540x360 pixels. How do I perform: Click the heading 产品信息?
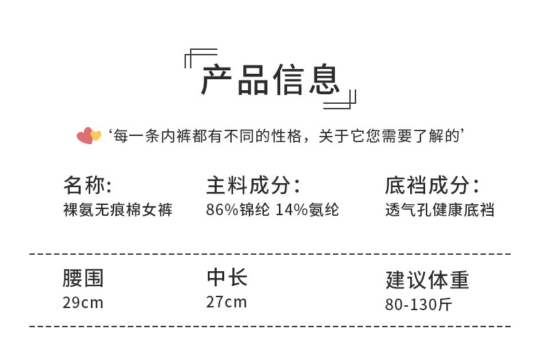[x=270, y=81]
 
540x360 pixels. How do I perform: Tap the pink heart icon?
[x=84, y=136]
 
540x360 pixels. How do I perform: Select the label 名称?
[x=87, y=185]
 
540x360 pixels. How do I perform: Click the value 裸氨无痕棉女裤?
[x=118, y=210]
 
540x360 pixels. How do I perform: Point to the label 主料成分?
[x=254, y=185]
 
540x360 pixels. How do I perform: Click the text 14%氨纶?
[x=307, y=210]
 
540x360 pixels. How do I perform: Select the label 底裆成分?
[x=432, y=185]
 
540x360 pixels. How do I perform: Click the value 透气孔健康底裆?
[x=440, y=210]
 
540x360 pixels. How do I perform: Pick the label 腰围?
[x=83, y=278]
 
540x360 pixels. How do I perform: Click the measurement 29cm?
[x=83, y=302]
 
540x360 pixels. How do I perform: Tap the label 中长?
[x=226, y=277]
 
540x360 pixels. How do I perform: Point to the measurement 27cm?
[x=226, y=302]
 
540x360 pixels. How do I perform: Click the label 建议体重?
[x=428, y=280]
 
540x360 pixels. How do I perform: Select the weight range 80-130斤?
[x=419, y=304]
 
